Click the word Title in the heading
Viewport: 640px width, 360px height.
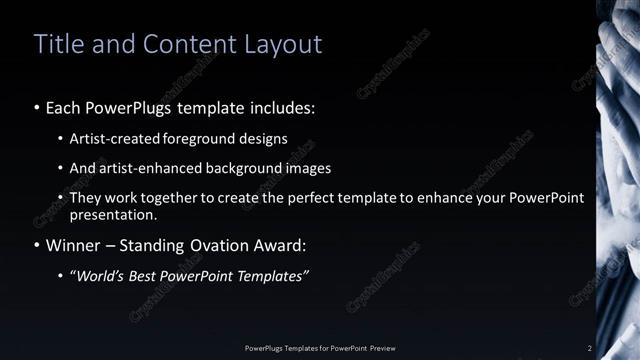58,44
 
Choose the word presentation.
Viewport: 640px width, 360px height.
112,215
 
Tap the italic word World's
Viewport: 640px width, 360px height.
99,276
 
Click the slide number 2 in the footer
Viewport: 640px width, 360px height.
590,347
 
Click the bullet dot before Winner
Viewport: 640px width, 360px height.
37,246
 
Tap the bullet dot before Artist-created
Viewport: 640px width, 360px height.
61,138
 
